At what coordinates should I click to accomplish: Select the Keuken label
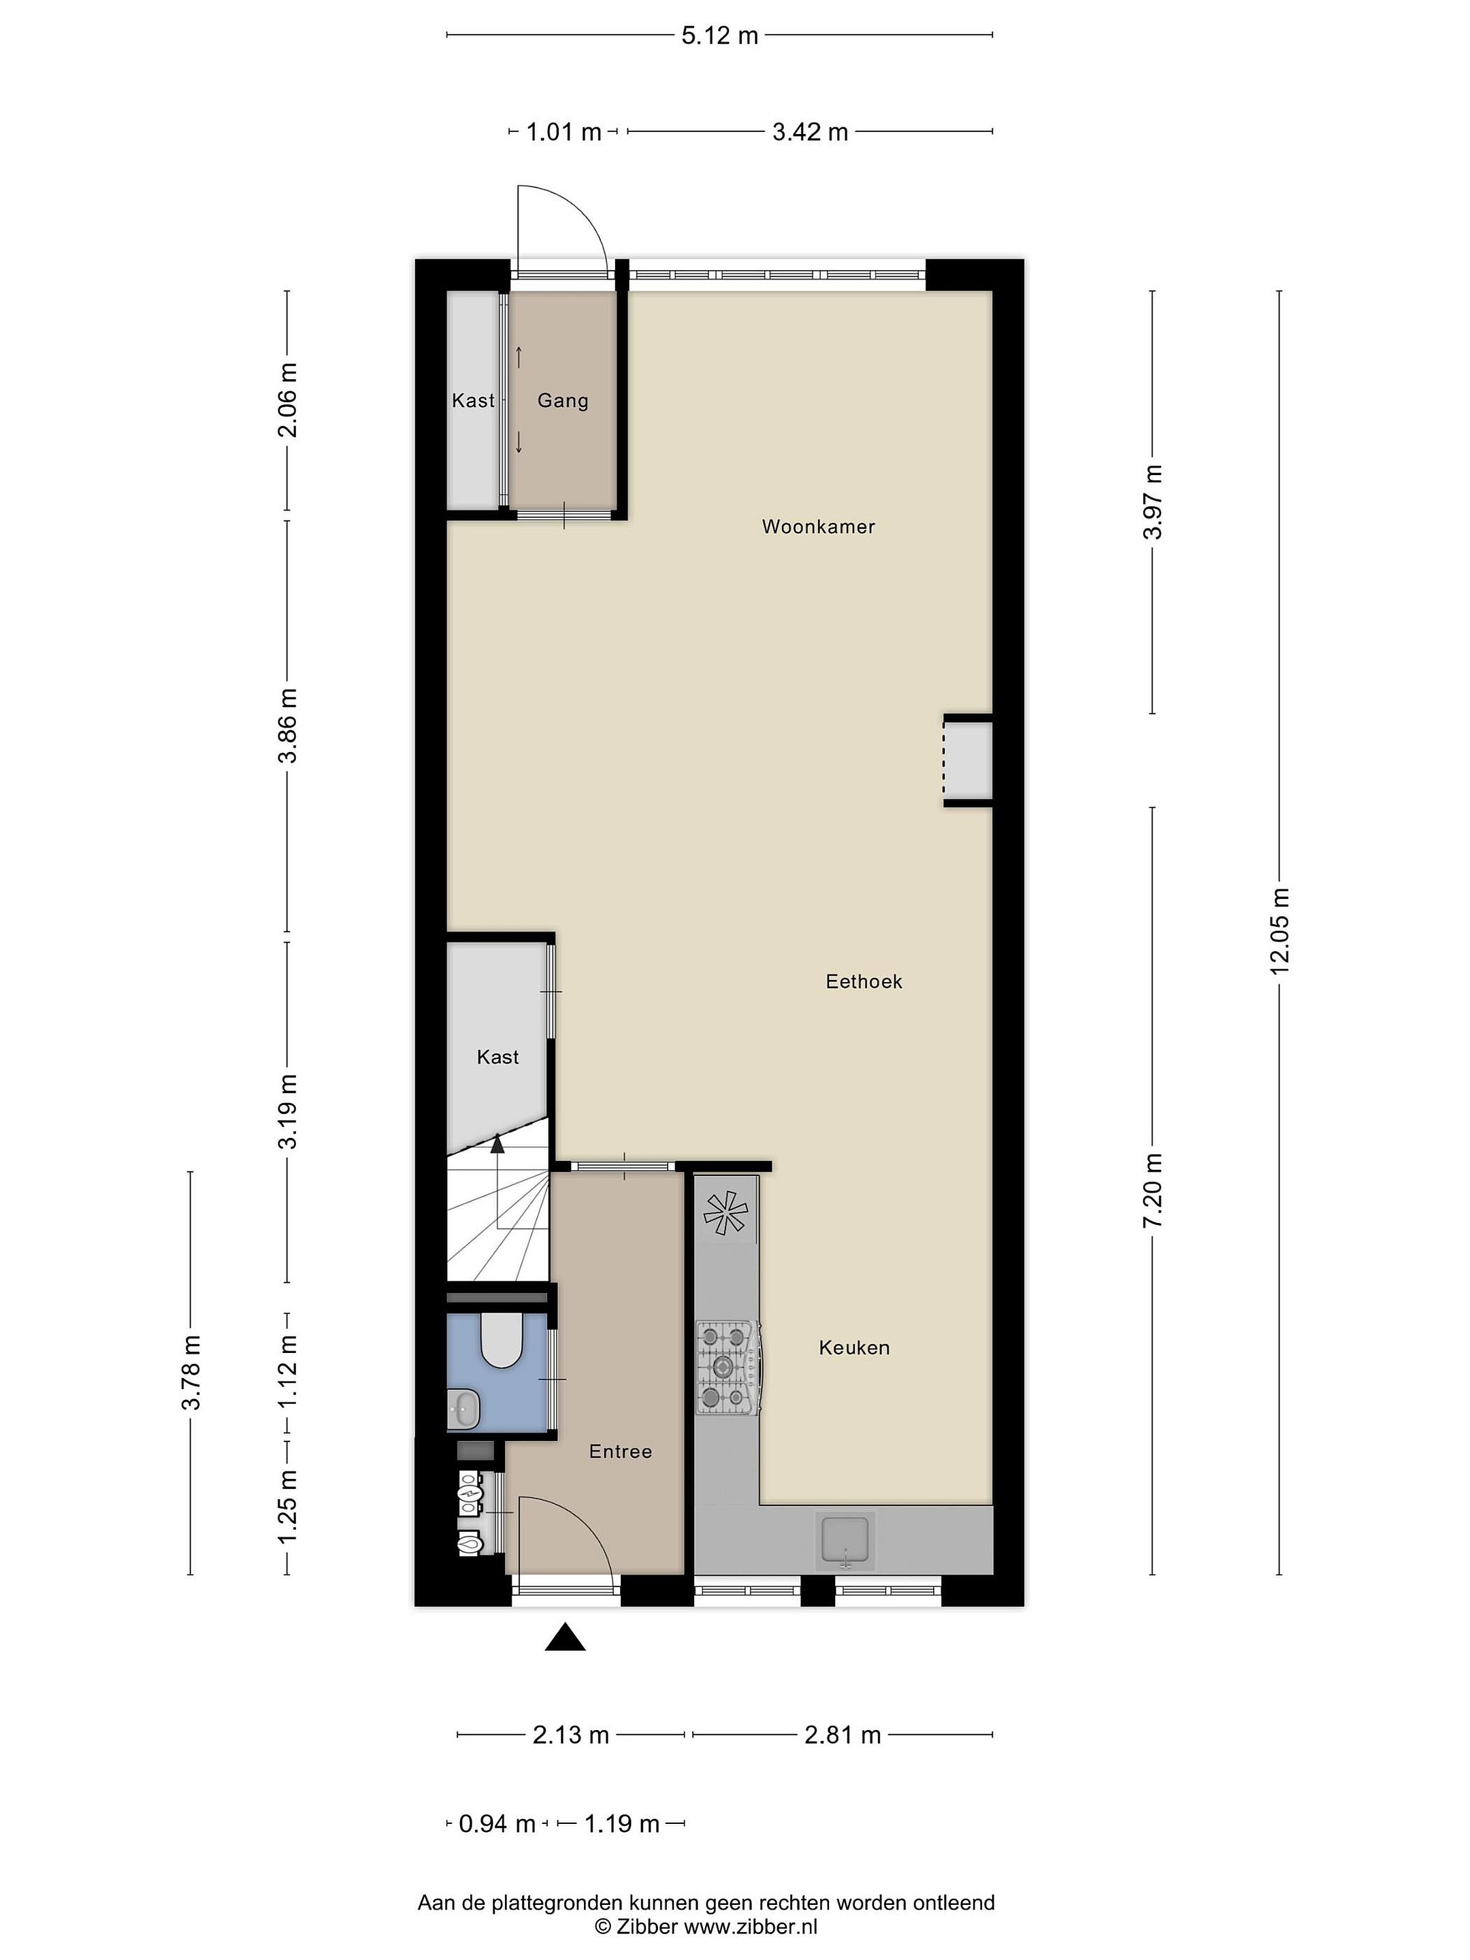[x=854, y=1347]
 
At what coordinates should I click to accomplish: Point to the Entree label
[x=620, y=1452]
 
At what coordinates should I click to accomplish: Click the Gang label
[x=563, y=400]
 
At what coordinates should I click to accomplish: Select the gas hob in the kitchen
[x=728, y=1368]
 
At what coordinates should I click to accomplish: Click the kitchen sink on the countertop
[x=845, y=1541]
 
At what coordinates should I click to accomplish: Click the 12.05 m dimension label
[x=1279, y=930]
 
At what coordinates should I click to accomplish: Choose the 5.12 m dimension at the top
[x=719, y=35]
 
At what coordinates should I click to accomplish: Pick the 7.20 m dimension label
[x=1153, y=1191]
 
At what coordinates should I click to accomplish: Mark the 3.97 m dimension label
[x=1153, y=502]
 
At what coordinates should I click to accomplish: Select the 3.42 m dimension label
[x=810, y=132]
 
